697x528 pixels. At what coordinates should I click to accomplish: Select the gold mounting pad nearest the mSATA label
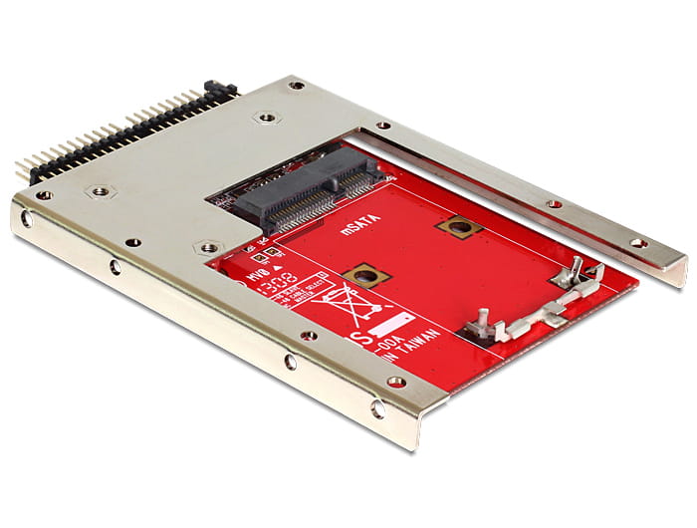(459, 227)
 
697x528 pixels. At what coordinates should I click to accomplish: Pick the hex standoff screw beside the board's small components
(208, 246)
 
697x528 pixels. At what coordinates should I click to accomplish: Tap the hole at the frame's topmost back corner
(296, 86)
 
